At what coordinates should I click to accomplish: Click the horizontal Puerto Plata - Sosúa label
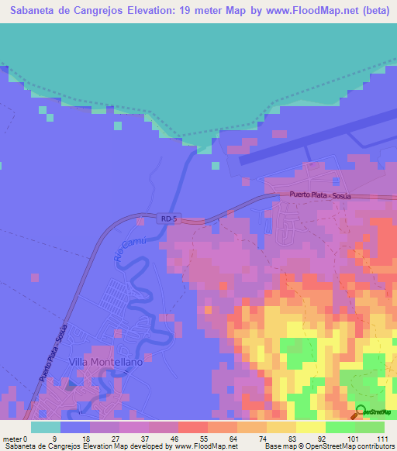(320, 196)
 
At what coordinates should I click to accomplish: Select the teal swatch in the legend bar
(45, 426)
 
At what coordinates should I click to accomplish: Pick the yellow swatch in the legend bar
(309, 426)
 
